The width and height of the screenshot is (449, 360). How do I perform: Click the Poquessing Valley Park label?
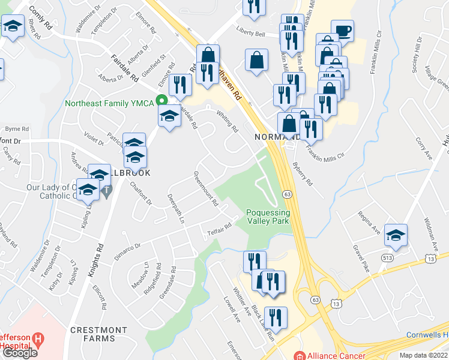coord(268,217)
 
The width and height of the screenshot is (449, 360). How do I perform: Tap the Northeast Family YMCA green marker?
coord(161,100)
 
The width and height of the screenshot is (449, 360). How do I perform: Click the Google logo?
coord(20,353)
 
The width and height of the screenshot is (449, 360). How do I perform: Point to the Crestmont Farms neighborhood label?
coord(99,334)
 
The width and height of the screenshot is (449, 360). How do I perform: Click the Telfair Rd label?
coord(220,229)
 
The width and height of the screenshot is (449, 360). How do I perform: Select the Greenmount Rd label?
coord(205,189)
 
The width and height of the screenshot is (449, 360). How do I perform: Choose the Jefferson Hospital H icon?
coord(39,340)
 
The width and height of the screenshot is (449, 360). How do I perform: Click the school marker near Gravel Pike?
coord(396,235)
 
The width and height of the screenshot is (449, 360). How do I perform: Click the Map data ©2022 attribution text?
coord(423,355)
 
